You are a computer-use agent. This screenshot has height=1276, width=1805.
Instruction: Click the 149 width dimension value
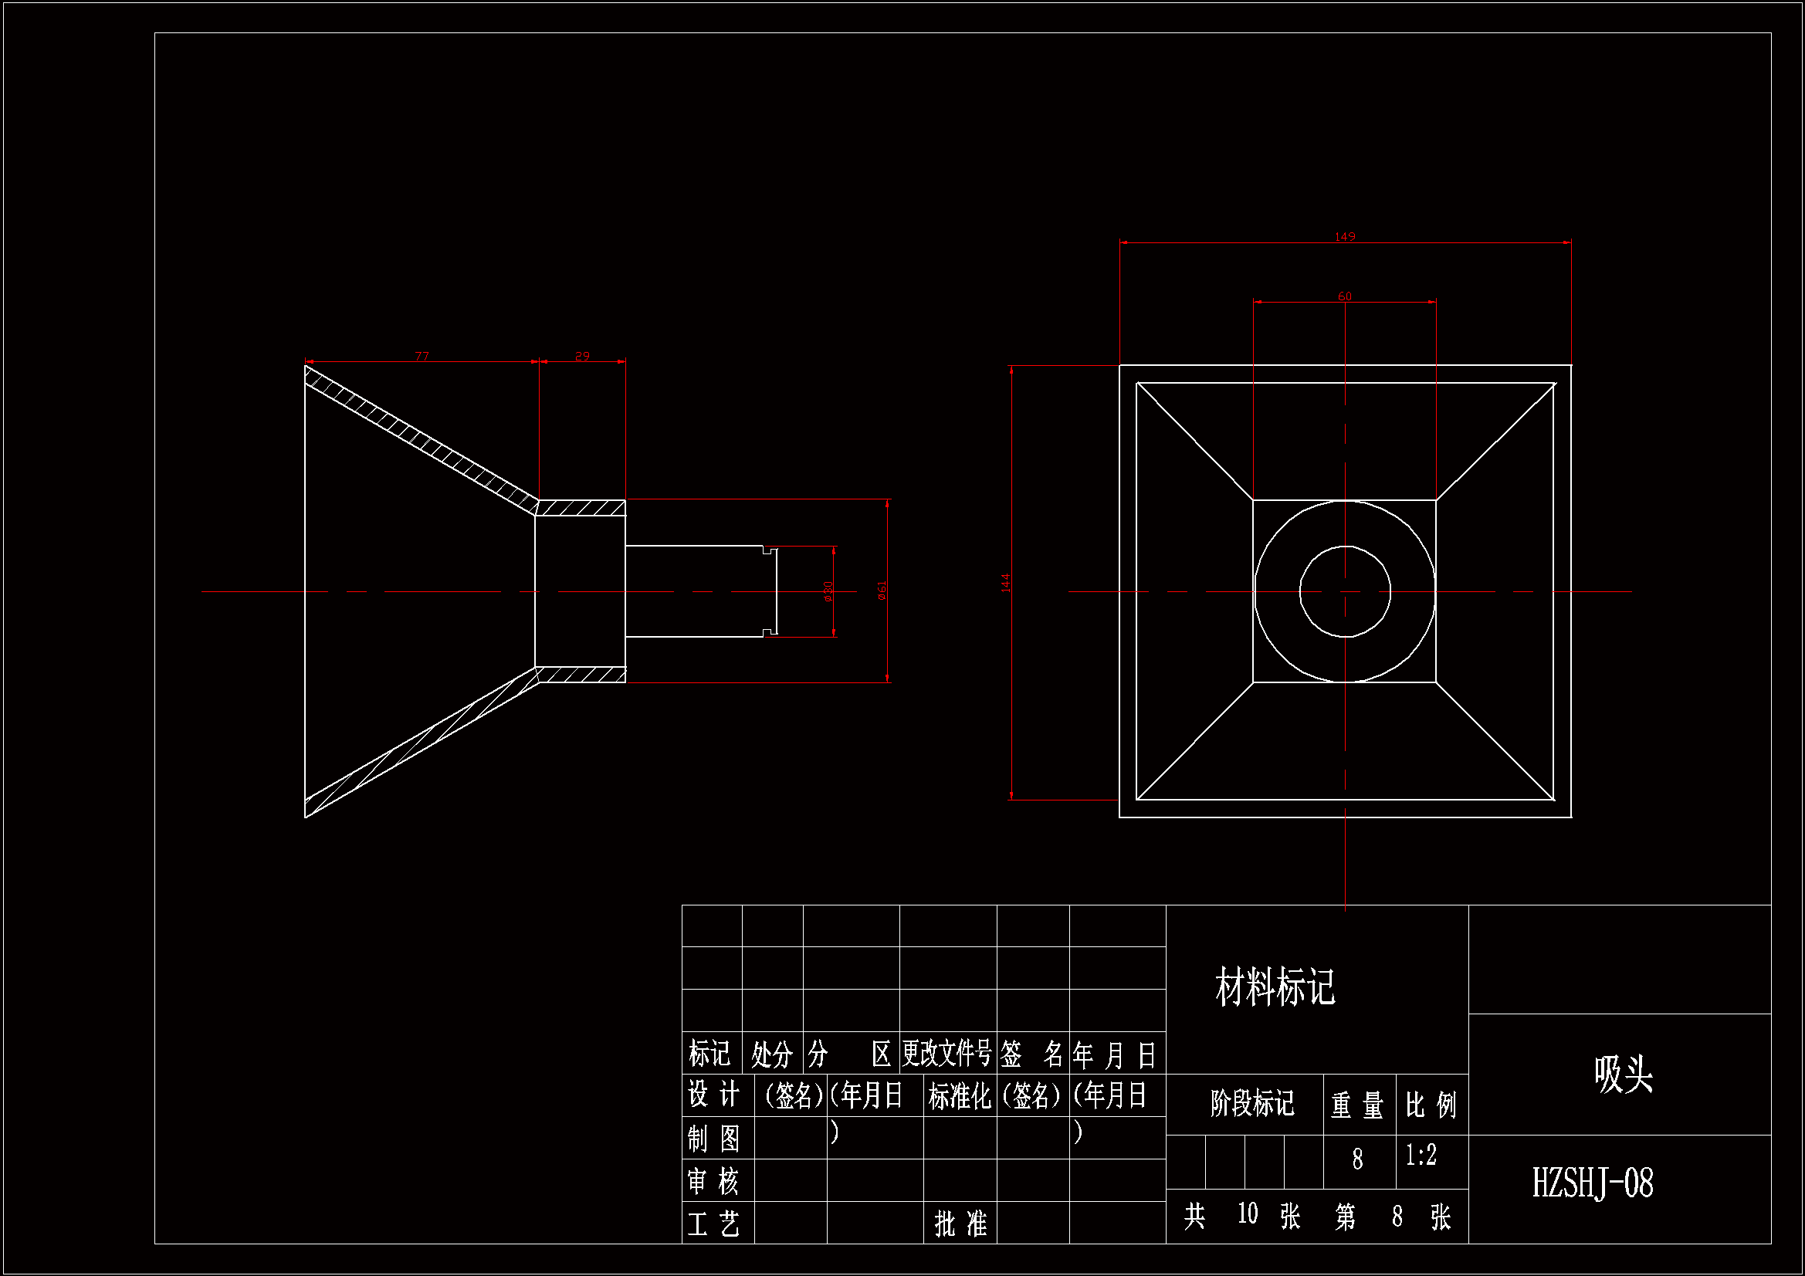tap(1344, 237)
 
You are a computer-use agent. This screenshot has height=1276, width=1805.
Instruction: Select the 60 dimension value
tap(1344, 296)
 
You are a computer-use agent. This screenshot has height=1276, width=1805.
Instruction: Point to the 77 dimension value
tap(422, 356)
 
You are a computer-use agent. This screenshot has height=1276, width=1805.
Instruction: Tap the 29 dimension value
tap(582, 356)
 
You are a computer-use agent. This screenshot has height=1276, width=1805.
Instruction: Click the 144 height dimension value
tap(1005, 583)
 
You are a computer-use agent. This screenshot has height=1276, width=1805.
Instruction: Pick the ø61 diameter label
tap(882, 591)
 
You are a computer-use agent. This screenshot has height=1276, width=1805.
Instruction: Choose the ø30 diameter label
tap(828, 591)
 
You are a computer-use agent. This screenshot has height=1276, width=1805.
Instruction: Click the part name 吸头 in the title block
tap(1623, 1074)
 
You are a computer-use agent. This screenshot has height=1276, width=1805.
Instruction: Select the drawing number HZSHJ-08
tap(1592, 1183)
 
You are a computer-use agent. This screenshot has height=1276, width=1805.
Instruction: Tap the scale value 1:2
tap(1421, 1155)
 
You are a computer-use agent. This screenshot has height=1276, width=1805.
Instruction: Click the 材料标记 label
tap(1275, 987)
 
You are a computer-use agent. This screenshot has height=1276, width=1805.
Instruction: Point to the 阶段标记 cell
tap(1251, 1103)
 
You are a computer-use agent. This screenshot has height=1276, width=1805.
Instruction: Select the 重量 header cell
tap(1358, 1105)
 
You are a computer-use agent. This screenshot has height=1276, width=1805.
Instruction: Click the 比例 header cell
tap(1431, 1105)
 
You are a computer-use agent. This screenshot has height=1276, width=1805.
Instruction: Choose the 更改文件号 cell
tap(947, 1054)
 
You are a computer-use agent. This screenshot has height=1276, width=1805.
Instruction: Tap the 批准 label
tap(960, 1224)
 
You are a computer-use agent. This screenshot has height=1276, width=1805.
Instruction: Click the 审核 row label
tap(714, 1181)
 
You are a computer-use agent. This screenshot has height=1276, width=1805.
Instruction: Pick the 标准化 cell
tap(959, 1096)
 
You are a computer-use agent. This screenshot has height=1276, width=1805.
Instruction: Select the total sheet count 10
tap(1248, 1214)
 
